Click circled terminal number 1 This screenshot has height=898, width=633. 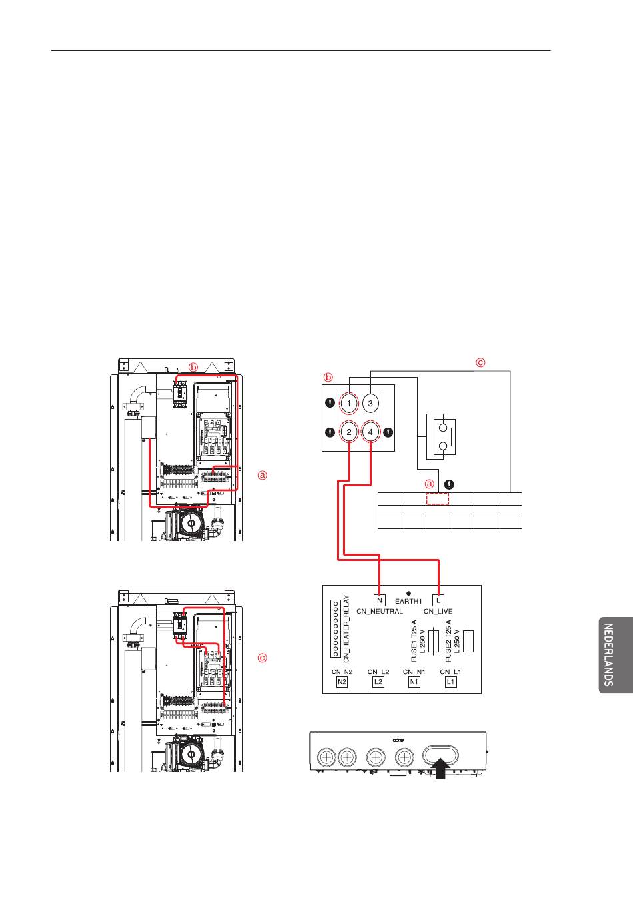pyautogui.click(x=349, y=403)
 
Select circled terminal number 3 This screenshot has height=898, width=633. pyautogui.click(x=371, y=403)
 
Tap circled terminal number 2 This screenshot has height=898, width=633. pyautogui.click(x=349, y=432)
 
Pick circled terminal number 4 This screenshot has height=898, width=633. pyautogui.click(x=371, y=432)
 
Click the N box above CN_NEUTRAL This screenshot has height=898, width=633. pyautogui.click(x=380, y=600)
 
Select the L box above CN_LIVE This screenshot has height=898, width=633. pyautogui.click(x=438, y=600)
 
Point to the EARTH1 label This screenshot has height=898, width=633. pyautogui.click(x=408, y=601)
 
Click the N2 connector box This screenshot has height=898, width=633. pyautogui.click(x=342, y=682)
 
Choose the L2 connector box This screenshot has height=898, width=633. pyautogui.click(x=378, y=682)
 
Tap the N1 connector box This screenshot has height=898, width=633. pyautogui.click(x=414, y=682)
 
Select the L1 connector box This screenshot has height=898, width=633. pyautogui.click(x=451, y=682)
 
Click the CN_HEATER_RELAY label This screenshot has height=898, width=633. pyautogui.click(x=346, y=628)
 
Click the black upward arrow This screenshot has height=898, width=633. pyautogui.click(x=440, y=767)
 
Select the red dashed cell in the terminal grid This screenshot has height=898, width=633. pyautogui.click(x=438, y=498)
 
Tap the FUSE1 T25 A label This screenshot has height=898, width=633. pyautogui.click(x=414, y=641)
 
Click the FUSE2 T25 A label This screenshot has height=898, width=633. pyautogui.click(x=448, y=641)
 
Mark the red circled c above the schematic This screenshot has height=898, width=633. pyautogui.click(x=480, y=363)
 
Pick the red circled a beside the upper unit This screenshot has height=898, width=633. pyautogui.click(x=262, y=475)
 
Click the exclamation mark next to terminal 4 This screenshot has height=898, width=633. pyautogui.click(x=388, y=432)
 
